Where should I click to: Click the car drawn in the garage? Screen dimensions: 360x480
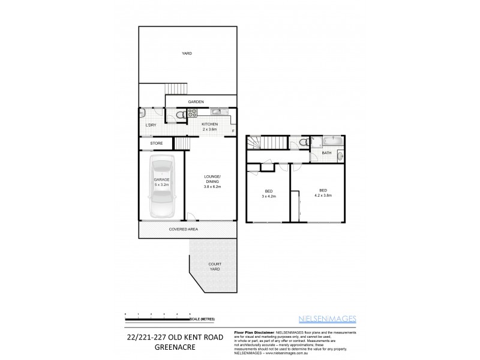point(161,187)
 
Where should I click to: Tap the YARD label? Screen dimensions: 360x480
point(187,54)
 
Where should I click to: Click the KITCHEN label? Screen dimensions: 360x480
point(209,124)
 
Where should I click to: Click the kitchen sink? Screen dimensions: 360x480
point(217,112)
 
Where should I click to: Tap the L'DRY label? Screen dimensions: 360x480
point(151,125)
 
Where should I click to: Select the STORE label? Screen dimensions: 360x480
point(157,143)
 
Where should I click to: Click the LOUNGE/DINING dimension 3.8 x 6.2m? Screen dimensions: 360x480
point(212,187)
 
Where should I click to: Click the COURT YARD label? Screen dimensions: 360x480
point(214,266)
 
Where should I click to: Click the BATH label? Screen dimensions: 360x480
point(326,153)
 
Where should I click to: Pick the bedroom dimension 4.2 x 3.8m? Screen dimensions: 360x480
point(323,196)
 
